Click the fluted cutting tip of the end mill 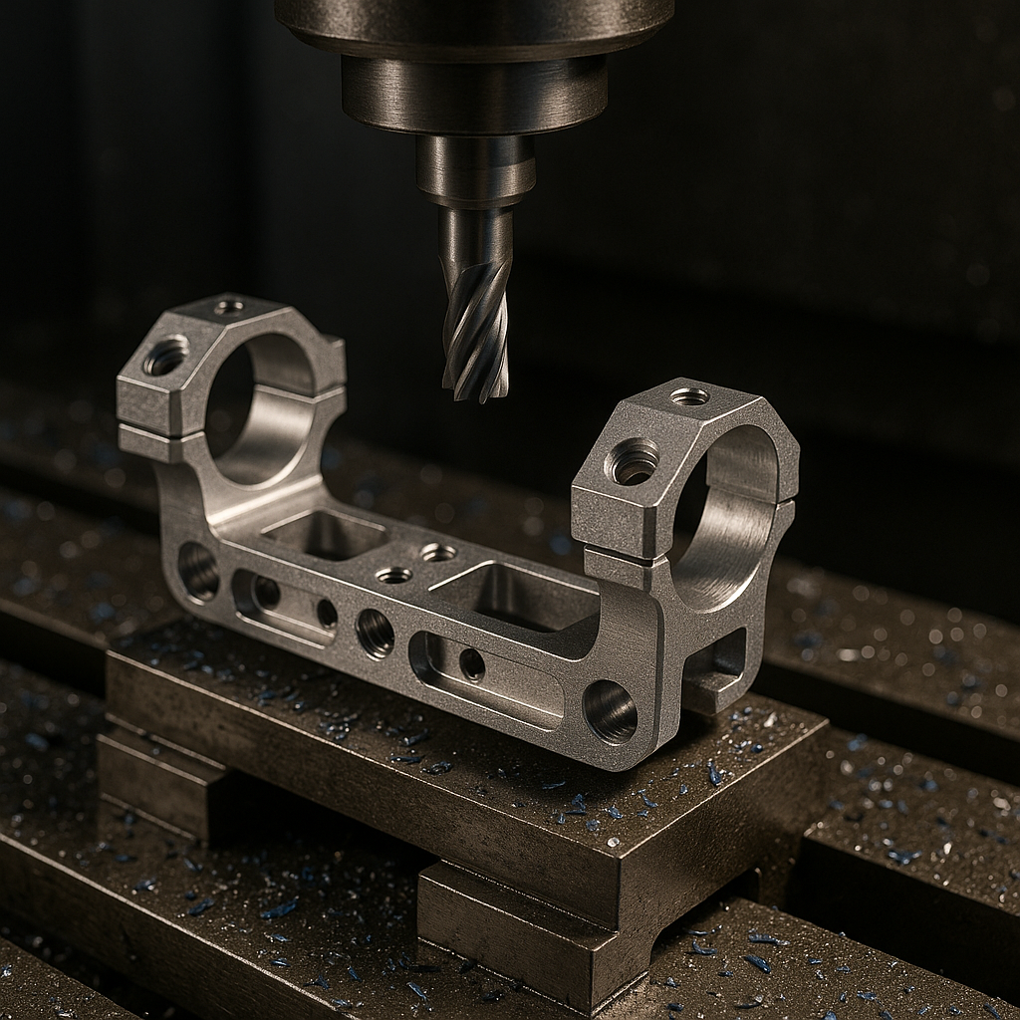[476, 339]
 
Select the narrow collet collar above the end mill [475, 169]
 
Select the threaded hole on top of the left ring [228, 307]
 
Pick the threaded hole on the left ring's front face [165, 357]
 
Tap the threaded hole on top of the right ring [689, 396]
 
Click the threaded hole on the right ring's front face [634, 462]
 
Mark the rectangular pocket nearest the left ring [324, 534]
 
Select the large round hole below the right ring [610, 711]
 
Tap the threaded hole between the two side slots [375, 634]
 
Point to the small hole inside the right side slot [472, 664]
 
